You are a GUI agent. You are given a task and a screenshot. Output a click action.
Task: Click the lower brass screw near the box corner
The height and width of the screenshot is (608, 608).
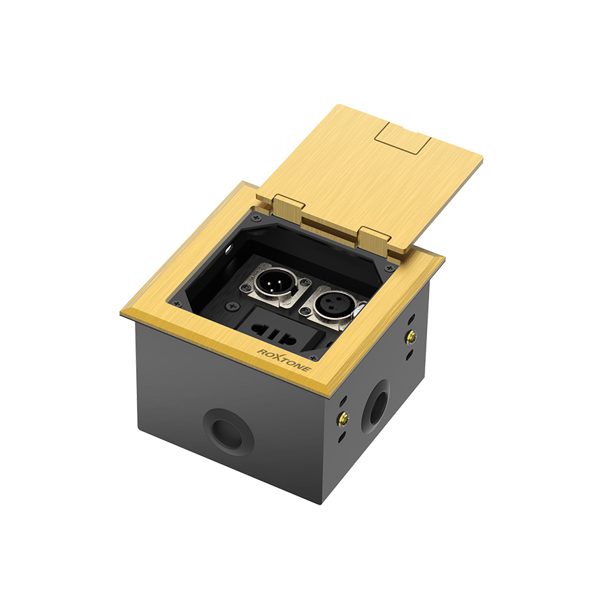(343, 419)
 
